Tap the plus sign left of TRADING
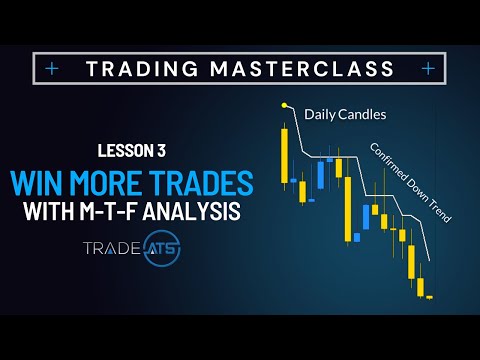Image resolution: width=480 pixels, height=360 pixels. [x=52, y=69]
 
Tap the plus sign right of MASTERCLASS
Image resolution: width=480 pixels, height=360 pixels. [x=428, y=69]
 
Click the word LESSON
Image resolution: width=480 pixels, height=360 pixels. [x=127, y=151]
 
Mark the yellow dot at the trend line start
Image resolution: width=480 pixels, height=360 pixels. [x=284, y=104]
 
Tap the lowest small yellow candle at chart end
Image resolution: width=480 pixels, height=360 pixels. [x=429, y=297]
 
